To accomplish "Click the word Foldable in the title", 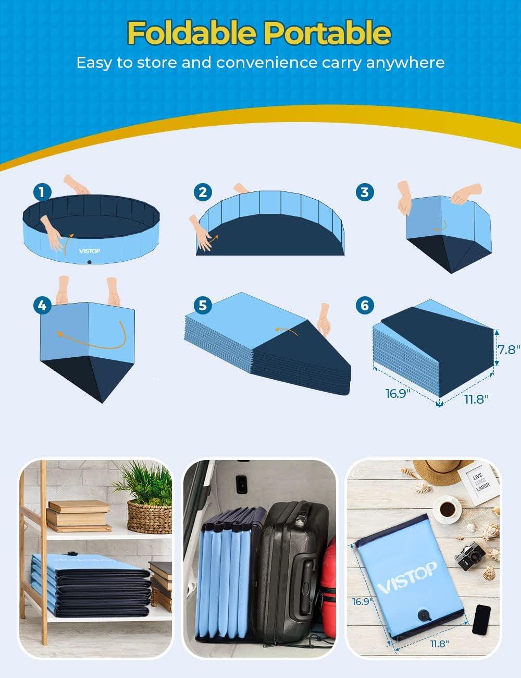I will click(192, 33).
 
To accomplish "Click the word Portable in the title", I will click(327, 33).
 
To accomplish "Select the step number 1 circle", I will click(42, 192).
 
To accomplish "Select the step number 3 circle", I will click(365, 192).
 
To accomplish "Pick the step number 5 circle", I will click(203, 305).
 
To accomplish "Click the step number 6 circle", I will click(365, 305).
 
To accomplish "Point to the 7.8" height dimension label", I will click(507, 349).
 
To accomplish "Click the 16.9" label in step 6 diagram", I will click(396, 394).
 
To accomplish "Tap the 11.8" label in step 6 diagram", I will click(475, 399).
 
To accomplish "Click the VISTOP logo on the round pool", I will click(90, 251).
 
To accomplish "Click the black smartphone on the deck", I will click(481, 620).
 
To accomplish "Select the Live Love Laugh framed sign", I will click(478, 482).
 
